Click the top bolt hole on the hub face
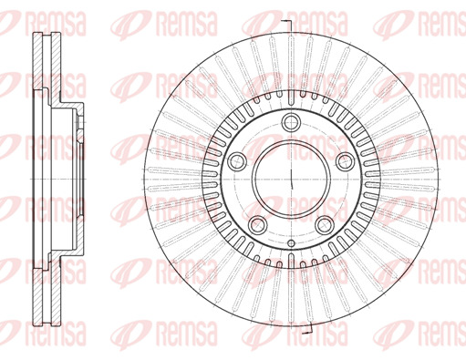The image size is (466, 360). [x=291, y=122]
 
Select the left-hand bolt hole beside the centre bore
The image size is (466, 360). [x=237, y=161]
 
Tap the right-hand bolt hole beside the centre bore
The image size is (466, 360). [x=346, y=161]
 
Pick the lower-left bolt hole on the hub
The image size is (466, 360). [x=257, y=225]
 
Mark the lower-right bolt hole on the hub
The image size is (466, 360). [x=325, y=225]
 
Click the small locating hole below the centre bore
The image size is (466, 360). [x=291, y=243]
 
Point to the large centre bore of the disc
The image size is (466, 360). [x=291, y=179]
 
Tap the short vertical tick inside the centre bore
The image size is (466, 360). [x=292, y=180]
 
